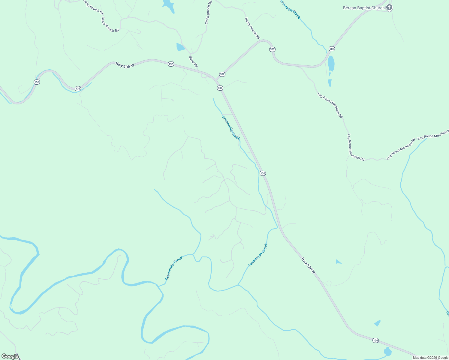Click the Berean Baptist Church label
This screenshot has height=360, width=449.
[x=363, y=8]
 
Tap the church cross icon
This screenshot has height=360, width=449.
[x=389, y=7]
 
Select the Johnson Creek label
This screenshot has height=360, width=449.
[x=290, y=9]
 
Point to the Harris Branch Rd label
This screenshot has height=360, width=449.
[x=252, y=28]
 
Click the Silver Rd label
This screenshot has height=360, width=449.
[x=193, y=61]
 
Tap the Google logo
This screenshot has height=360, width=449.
[x=10, y=356]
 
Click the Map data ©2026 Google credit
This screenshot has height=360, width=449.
[x=430, y=357]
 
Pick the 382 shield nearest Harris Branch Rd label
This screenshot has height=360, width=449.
[x=272, y=49]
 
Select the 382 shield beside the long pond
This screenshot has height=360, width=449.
[x=331, y=49]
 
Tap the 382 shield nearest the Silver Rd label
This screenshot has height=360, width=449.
[x=222, y=74]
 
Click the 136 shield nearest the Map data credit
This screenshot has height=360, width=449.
[x=375, y=340]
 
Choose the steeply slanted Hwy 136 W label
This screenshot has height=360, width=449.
[x=308, y=265]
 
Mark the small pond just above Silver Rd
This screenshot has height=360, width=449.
[x=180, y=47]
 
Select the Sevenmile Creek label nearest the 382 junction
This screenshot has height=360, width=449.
[x=231, y=128]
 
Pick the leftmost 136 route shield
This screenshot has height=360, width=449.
[x=37, y=82]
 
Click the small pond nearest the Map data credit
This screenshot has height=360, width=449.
[x=387, y=351]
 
